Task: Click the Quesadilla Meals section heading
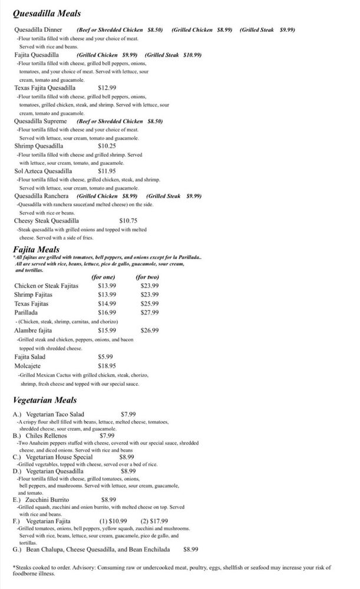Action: coord(47,13)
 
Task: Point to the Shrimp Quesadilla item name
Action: coord(39,145)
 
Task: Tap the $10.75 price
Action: coord(128,221)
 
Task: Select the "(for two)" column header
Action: coord(147,277)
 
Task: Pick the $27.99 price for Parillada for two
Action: coord(150,312)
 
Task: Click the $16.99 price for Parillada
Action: coord(107,312)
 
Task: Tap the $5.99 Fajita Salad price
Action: coord(105,356)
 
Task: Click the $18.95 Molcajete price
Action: coord(107,365)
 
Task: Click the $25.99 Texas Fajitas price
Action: coord(150,303)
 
